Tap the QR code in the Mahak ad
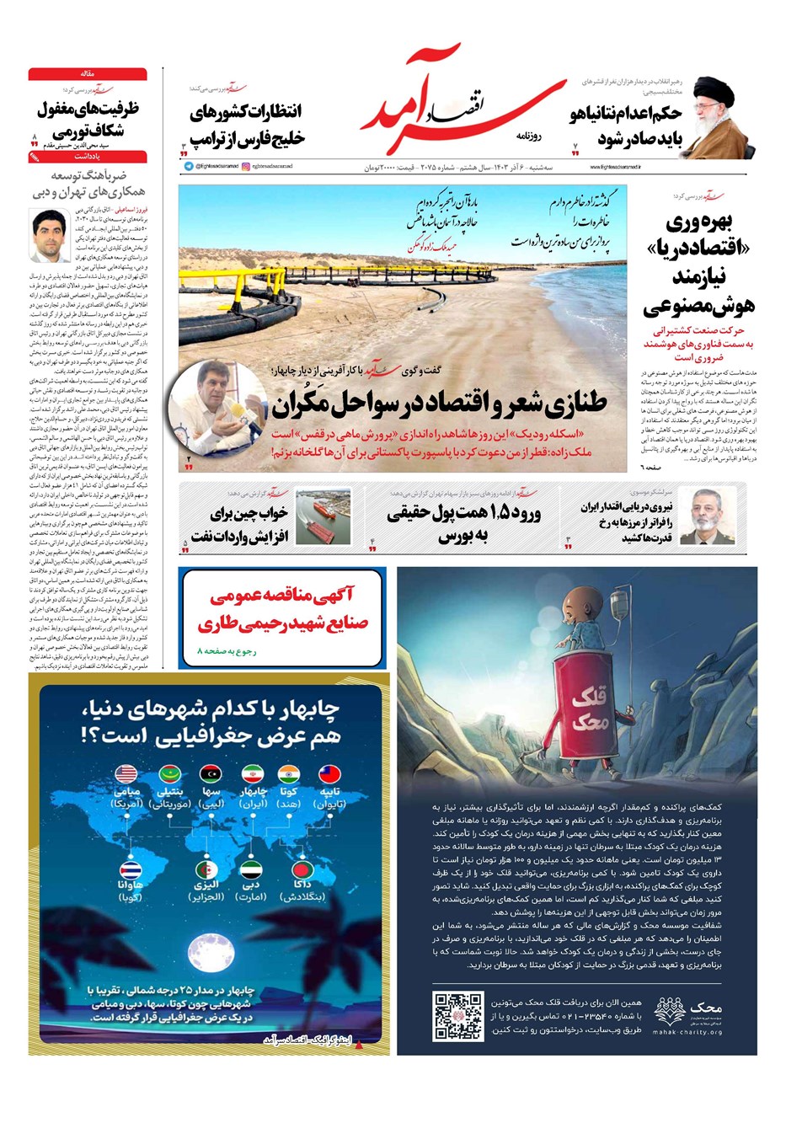(x=457, y=1015)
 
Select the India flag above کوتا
(x=288, y=773)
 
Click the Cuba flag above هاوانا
(x=131, y=871)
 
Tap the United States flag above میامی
(x=126, y=773)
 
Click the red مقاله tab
(x=88, y=74)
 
